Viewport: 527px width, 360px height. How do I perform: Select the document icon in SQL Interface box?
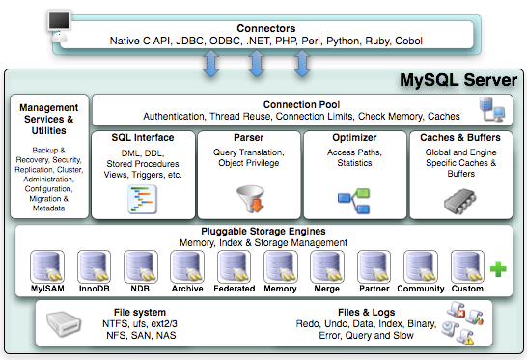(142, 199)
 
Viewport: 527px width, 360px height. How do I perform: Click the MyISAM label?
(48, 287)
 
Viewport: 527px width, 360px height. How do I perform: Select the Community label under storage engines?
(421, 287)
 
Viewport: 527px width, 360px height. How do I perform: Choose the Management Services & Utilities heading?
(49, 112)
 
